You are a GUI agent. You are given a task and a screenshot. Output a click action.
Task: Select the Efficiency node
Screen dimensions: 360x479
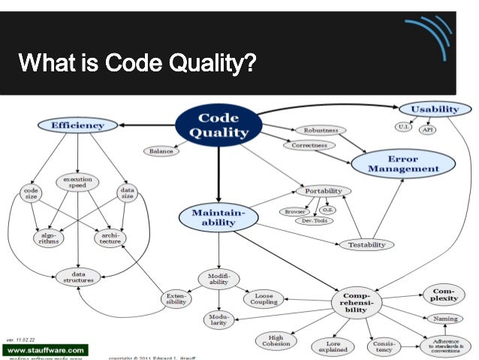(77, 125)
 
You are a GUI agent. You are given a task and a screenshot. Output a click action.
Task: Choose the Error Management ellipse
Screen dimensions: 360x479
(402, 164)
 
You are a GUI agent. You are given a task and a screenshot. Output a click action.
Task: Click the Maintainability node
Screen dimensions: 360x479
(215, 219)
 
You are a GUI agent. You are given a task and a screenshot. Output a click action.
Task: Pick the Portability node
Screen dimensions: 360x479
(324, 191)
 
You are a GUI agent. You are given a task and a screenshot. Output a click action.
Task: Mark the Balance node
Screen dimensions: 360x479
(161, 151)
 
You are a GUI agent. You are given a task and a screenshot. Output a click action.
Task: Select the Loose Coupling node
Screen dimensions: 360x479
(264, 298)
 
